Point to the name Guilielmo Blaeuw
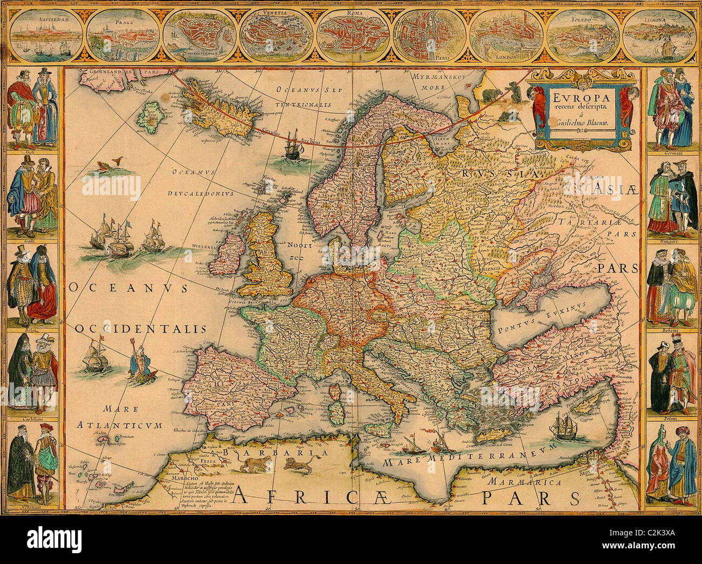(x=577, y=124)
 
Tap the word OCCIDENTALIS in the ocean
(x=141, y=328)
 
